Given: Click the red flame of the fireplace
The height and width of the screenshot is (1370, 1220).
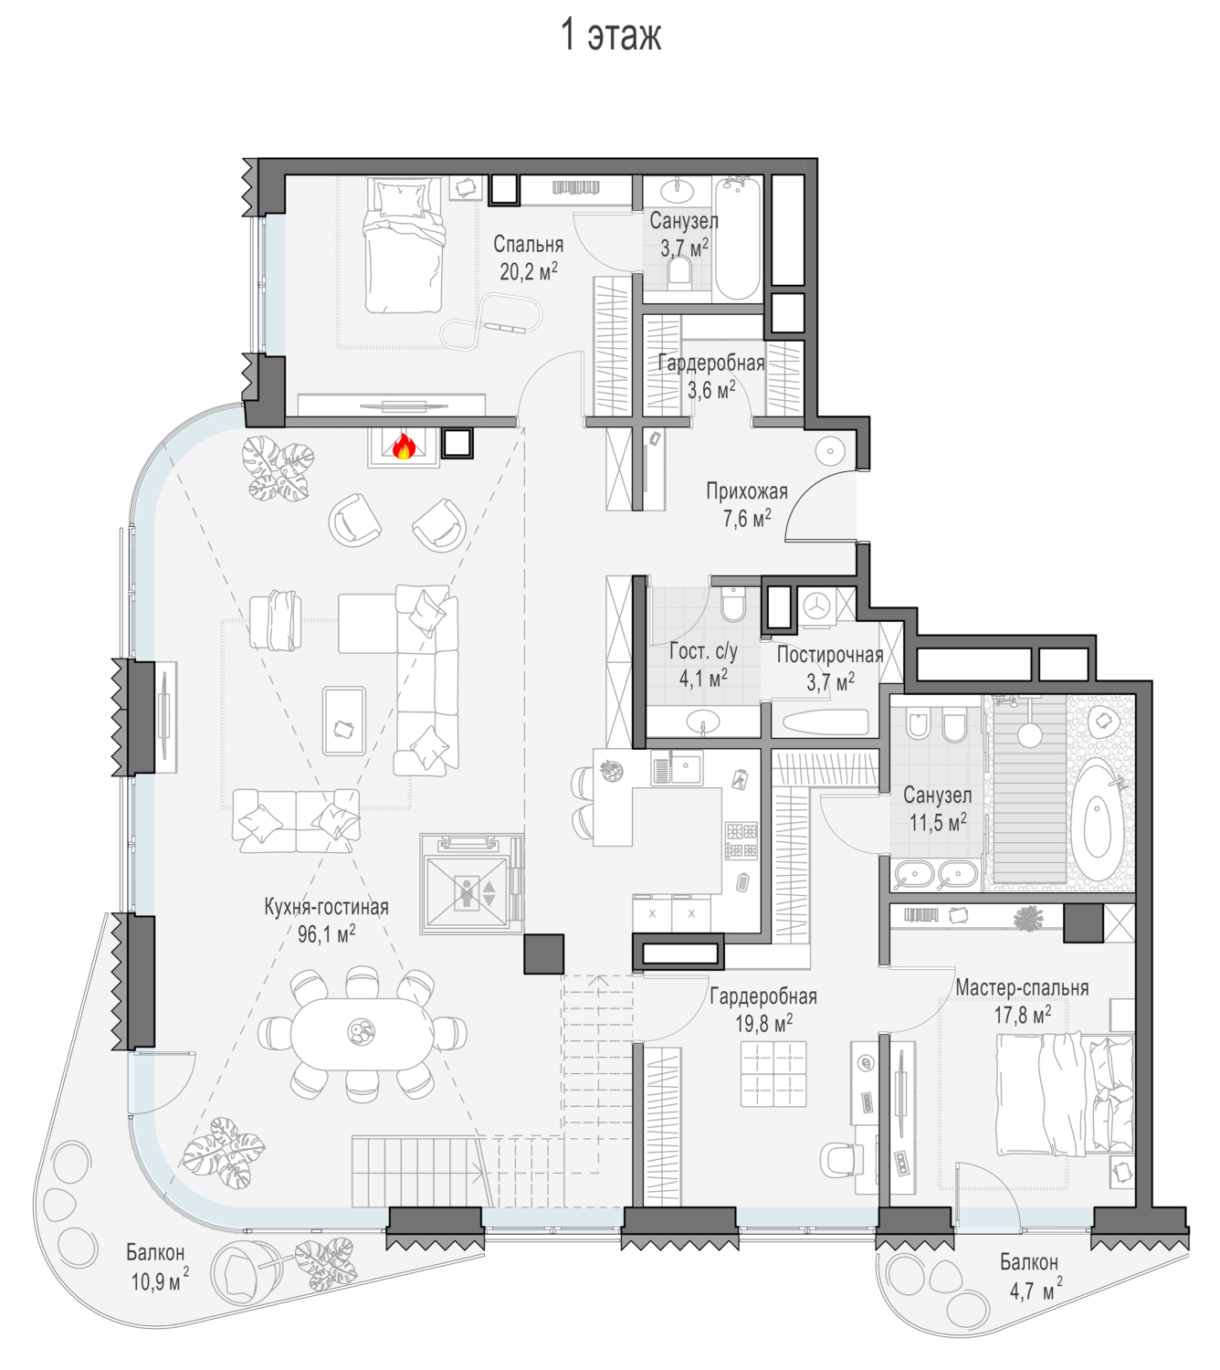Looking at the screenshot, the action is point(404,447).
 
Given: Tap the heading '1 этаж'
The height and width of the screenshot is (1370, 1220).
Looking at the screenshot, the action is point(611,35).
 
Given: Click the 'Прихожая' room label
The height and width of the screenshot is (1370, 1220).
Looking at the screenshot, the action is point(747,491).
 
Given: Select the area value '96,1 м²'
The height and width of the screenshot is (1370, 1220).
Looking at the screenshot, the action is point(327,934).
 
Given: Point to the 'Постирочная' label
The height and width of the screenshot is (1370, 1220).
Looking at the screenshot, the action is point(830,655).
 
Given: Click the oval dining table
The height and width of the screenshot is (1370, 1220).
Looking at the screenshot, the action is point(361,1034).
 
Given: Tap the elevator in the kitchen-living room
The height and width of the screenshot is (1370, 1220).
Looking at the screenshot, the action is point(471,884).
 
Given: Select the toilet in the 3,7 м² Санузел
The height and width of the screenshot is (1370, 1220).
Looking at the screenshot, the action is point(678,274).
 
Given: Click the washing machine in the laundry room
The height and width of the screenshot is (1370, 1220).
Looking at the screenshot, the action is point(816,606).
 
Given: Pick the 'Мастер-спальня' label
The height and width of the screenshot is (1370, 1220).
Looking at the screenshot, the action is point(1022,988).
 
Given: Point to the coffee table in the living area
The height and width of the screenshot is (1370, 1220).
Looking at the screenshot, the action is point(344,721).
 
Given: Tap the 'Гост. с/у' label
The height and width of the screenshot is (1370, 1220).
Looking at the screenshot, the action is point(703,651).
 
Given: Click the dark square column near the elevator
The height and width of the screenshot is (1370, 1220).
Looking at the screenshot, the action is point(543,954).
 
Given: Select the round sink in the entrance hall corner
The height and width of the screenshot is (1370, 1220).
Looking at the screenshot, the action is point(830,452).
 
